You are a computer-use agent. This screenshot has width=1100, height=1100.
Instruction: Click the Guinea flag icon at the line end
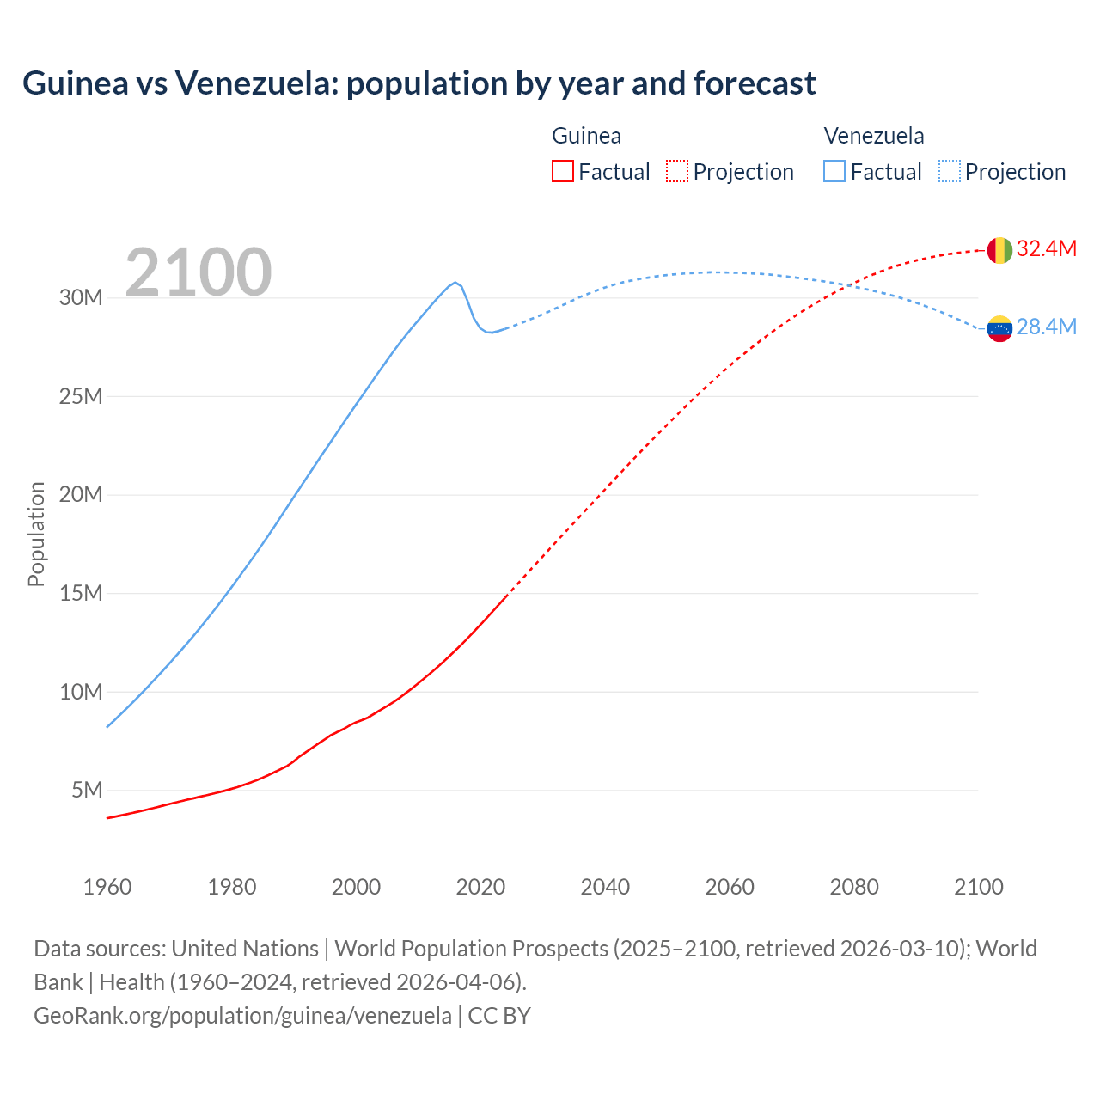[999, 250]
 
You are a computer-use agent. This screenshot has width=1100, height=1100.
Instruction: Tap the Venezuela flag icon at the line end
[999, 328]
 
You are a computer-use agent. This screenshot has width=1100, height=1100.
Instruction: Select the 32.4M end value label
[1046, 249]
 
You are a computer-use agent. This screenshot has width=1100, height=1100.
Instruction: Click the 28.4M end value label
[1046, 327]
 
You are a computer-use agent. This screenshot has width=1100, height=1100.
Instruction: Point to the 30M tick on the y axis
[81, 298]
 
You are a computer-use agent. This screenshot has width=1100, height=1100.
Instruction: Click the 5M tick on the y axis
[87, 790]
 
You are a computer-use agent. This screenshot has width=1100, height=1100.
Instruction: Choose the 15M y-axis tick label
[81, 593]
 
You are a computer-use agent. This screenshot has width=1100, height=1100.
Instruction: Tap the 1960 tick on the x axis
[107, 887]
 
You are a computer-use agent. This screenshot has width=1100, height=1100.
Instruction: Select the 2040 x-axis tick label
[605, 887]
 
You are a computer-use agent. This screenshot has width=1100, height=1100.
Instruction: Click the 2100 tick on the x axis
[978, 887]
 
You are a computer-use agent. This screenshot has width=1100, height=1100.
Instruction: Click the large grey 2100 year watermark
[199, 272]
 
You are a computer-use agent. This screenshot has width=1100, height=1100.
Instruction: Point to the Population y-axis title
[36, 534]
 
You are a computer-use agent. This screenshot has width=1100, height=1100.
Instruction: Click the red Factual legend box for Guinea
[563, 171]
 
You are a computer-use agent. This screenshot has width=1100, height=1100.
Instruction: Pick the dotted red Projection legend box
[677, 171]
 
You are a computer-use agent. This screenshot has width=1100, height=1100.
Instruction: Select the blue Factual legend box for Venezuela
[834, 171]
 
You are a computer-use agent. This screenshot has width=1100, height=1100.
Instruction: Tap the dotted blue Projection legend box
[950, 171]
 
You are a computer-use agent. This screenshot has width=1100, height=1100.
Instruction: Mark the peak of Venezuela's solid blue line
[455, 282]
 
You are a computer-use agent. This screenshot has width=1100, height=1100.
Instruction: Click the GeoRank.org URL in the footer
[242, 1016]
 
